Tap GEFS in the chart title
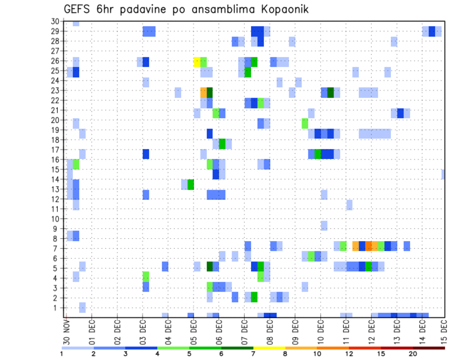click(79, 9)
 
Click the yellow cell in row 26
click(197, 62)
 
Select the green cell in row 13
click(191, 184)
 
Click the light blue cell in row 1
click(83, 307)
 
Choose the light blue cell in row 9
click(324, 225)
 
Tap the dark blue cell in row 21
click(400, 113)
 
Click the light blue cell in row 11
click(349, 205)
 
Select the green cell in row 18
click(222, 144)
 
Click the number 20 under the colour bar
click(413, 354)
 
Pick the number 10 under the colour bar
click(317, 354)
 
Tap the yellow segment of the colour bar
click(269, 347)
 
